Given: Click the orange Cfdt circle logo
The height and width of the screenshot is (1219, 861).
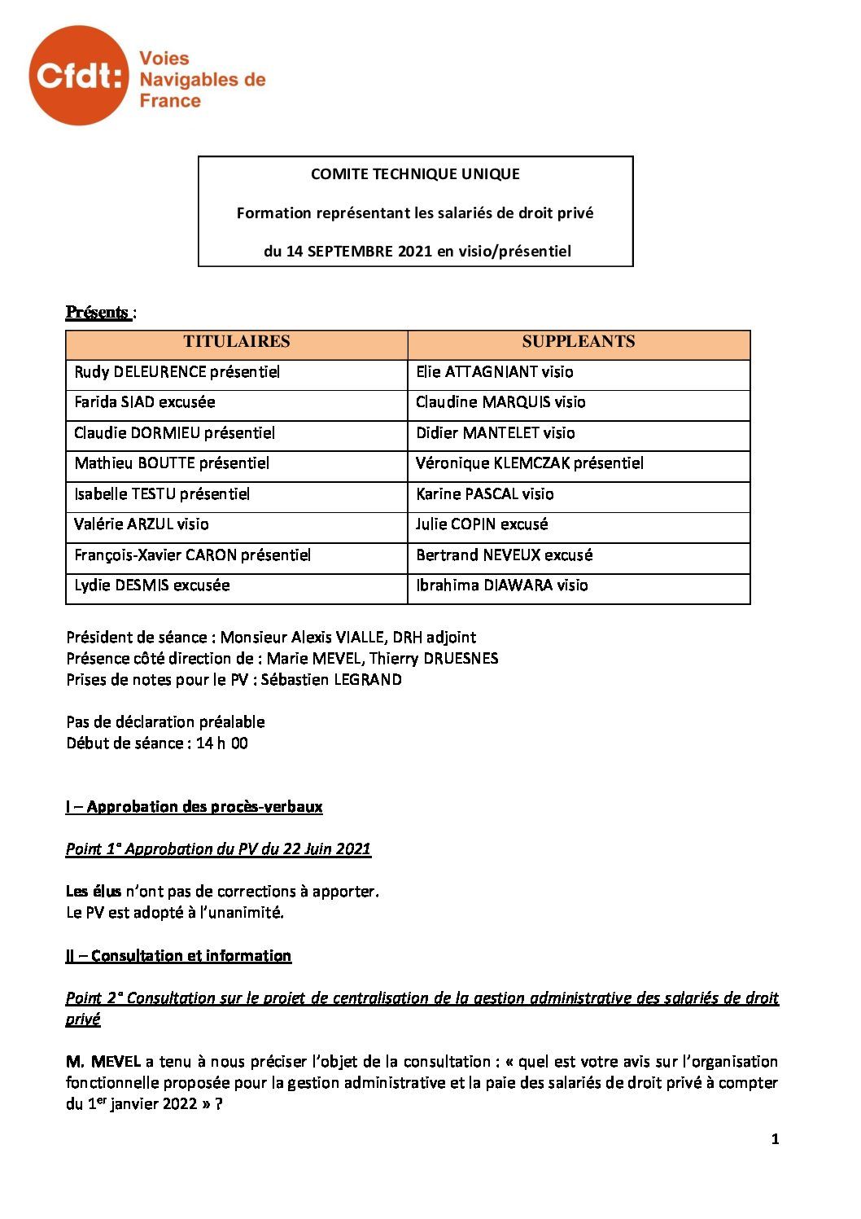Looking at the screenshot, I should tap(78, 75).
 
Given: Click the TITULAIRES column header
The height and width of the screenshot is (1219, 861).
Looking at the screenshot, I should tap(236, 342).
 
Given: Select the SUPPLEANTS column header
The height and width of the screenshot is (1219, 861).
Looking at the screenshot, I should tap(578, 342).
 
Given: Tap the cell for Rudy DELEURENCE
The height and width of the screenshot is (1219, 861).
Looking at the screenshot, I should tap(177, 372).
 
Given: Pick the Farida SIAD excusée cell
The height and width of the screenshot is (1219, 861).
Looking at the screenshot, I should tap(145, 402).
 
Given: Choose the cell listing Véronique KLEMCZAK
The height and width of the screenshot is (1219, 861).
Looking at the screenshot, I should tap(529, 463).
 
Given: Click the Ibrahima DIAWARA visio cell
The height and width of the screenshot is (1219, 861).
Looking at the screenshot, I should tap(501, 585).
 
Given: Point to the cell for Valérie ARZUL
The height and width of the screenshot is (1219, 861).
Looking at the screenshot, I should tap(141, 524).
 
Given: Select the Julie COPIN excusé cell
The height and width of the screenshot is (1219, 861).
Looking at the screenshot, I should tap(481, 524).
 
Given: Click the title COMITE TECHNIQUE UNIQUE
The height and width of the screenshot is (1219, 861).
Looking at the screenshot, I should tap(415, 173).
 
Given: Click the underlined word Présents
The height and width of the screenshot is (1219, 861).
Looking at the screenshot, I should tap(98, 313).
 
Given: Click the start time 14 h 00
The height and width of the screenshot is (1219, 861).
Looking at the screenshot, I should tap(221, 743).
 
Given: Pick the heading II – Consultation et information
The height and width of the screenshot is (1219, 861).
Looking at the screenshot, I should tap(178, 956).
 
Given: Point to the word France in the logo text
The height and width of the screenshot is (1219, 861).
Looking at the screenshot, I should tap(170, 101).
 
